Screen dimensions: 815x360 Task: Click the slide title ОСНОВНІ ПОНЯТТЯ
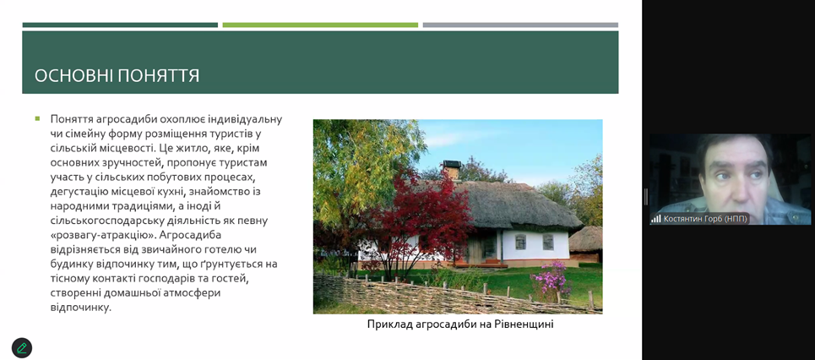[117, 76]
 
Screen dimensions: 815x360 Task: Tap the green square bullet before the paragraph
[37, 118]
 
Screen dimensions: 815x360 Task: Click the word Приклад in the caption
[386, 325]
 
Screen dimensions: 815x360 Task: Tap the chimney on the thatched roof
[452, 170]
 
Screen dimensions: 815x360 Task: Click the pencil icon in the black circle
[22, 348]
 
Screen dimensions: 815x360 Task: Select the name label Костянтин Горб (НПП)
[705, 219]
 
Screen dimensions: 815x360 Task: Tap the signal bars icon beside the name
[656, 219]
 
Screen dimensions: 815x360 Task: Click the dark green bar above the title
[120, 25]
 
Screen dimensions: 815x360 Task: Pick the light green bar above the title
[320, 25]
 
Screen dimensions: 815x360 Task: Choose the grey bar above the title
[520, 25]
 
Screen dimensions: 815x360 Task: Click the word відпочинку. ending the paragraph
[80, 308]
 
